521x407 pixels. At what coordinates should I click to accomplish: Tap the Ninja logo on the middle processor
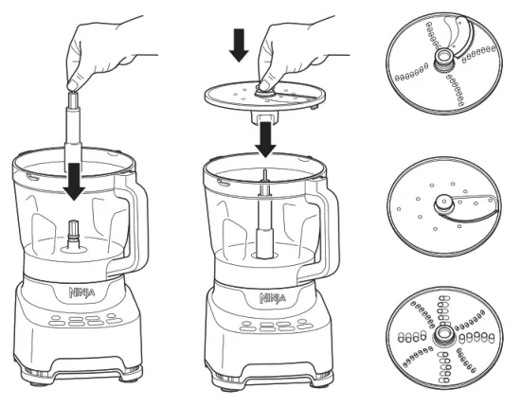271,297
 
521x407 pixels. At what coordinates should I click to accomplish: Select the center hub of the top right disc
442,63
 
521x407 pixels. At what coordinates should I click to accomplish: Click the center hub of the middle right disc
442,203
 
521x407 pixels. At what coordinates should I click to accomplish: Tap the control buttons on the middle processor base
270,325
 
